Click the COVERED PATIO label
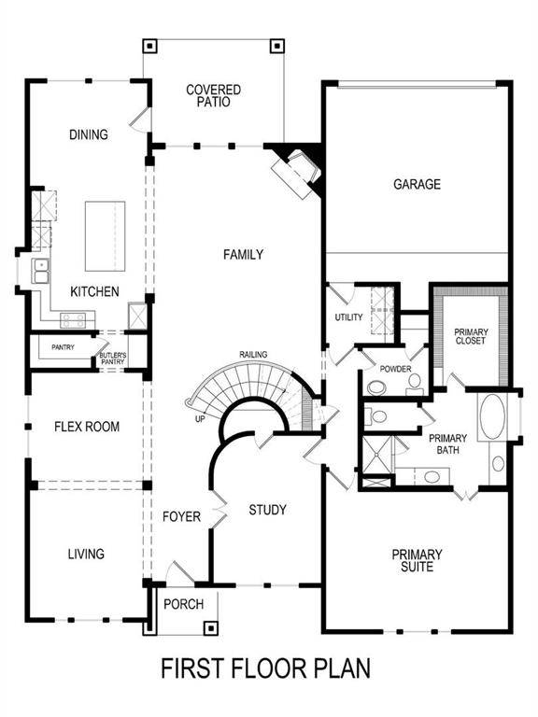tap(213, 96)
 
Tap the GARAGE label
tap(417, 184)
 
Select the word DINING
tap(89, 134)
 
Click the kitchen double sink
tap(41, 272)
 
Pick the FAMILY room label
tap(243, 255)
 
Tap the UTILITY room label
tap(348, 318)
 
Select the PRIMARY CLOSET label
tap(471, 337)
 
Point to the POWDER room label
tap(395, 369)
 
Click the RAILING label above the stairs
tap(253, 355)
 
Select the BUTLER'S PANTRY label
tap(113, 359)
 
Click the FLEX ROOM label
tap(86, 428)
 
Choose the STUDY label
tap(267, 510)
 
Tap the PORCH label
tap(183, 604)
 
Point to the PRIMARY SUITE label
tap(417, 560)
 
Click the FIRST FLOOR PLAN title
tap(266, 668)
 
